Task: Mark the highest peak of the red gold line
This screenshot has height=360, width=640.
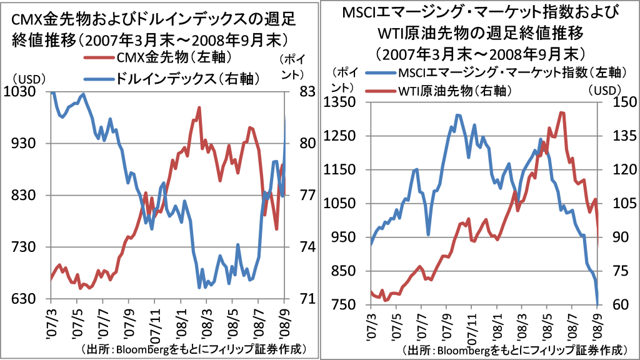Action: [x=199, y=107]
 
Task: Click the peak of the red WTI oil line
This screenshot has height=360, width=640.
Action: [x=562, y=112]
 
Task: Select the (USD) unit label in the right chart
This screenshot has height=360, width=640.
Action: [x=604, y=89]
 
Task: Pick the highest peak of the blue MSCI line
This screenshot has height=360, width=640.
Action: [x=457, y=115]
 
